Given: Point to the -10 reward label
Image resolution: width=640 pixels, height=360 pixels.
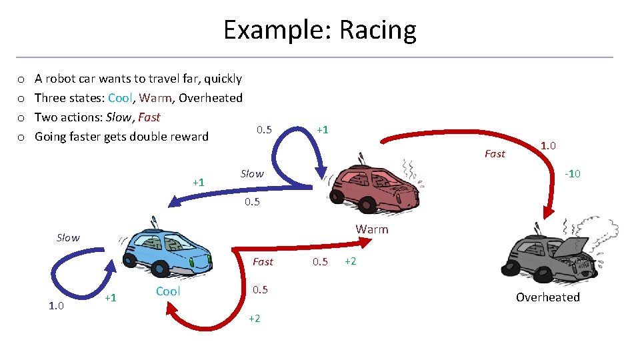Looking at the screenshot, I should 572,174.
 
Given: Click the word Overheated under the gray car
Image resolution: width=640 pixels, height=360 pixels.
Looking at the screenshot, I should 547,297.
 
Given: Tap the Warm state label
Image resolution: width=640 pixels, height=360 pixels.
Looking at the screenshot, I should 371,229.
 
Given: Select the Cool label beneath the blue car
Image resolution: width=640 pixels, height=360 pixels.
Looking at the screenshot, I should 168,291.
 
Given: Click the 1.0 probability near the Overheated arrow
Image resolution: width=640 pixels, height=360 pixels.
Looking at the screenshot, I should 549,145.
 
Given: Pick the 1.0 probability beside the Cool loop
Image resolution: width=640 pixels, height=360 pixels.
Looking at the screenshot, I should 56,307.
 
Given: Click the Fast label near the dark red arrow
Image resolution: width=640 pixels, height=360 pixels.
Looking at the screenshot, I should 495,154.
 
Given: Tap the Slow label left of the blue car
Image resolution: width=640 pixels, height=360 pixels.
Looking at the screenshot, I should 68,238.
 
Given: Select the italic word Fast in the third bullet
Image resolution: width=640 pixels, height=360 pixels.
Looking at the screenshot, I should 149,117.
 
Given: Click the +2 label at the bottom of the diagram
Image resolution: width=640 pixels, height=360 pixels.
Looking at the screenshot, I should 255,319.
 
